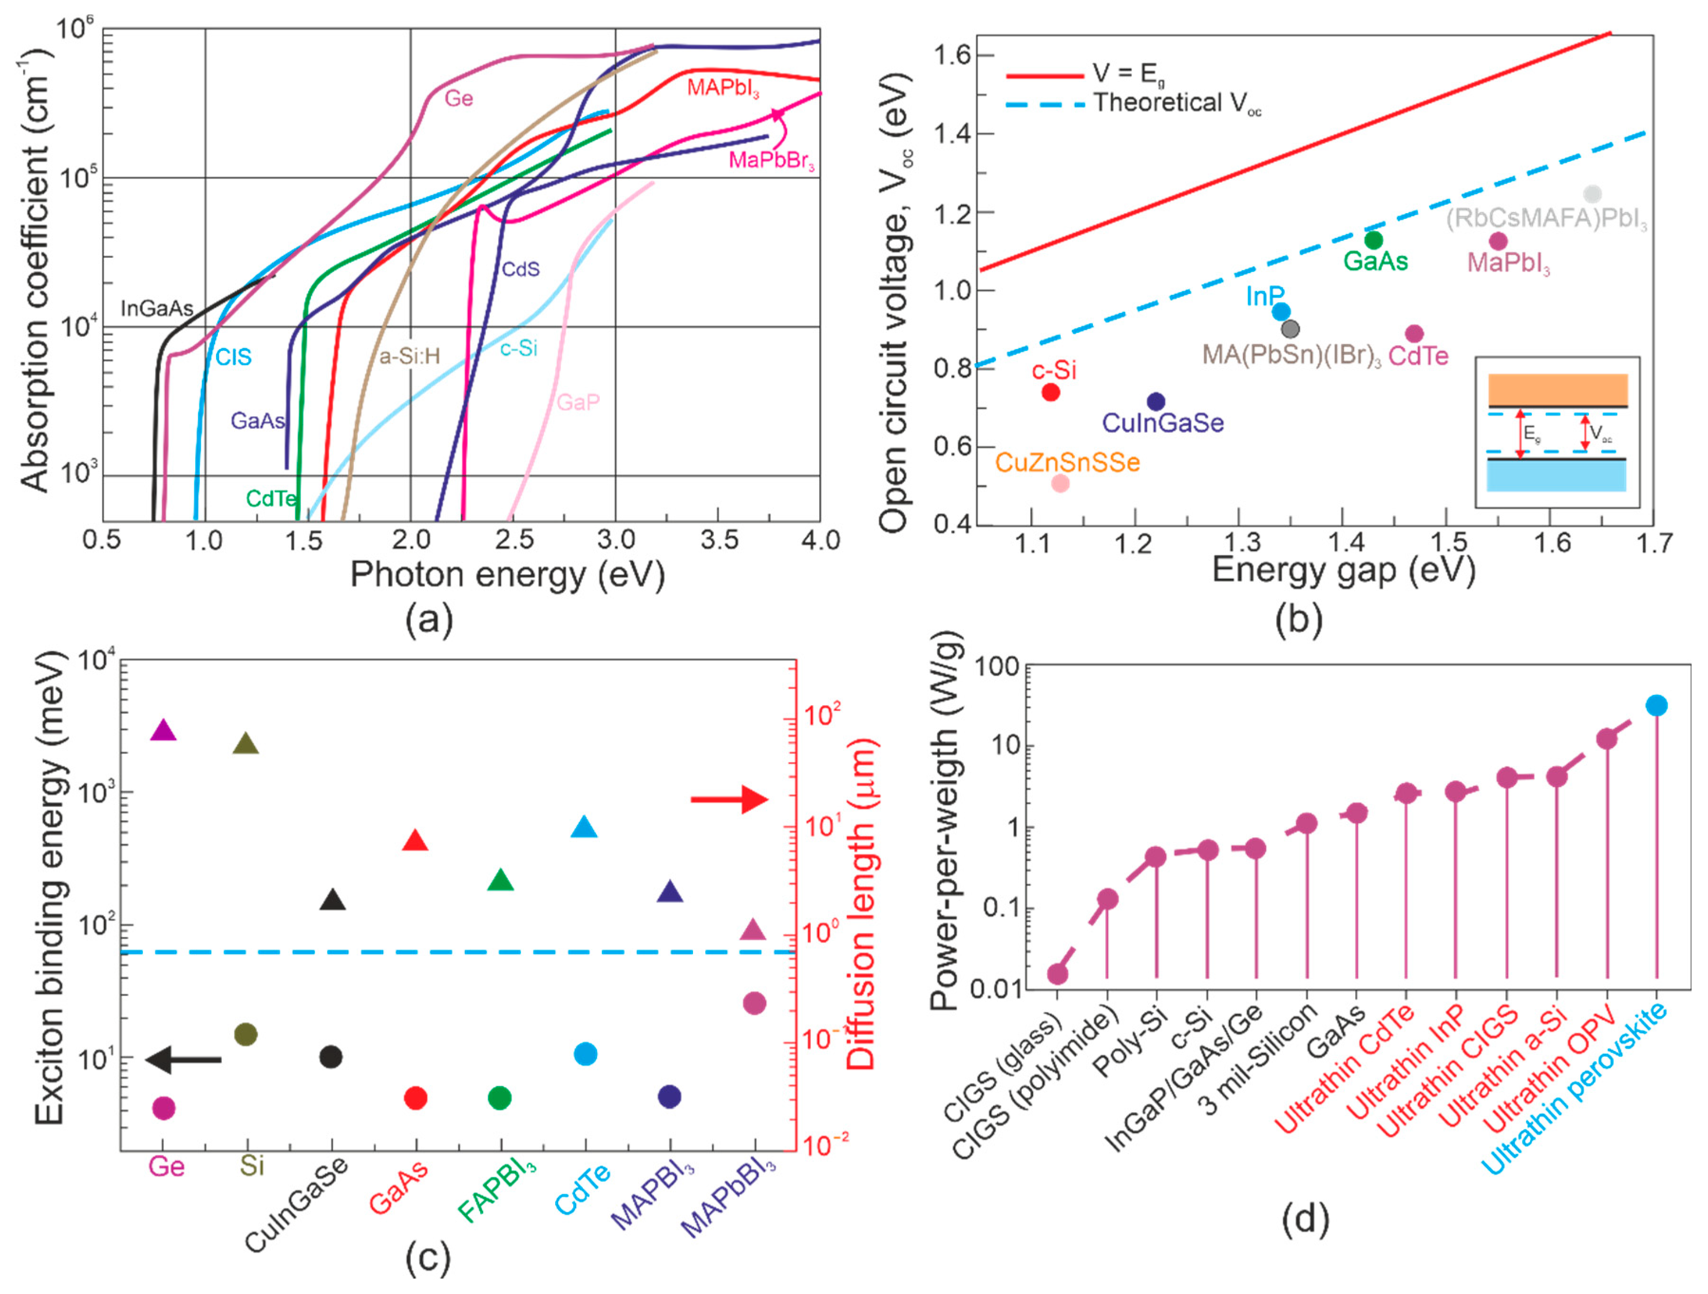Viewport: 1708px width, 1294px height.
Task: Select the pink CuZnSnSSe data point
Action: (1061, 483)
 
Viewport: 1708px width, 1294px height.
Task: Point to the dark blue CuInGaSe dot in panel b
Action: (1156, 401)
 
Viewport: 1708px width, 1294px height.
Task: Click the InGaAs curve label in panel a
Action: (157, 309)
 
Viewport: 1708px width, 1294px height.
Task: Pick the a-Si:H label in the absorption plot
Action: (409, 357)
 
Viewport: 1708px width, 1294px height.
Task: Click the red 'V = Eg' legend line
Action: (1045, 76)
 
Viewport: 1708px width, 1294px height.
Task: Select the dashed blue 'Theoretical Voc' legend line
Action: (1045, 104)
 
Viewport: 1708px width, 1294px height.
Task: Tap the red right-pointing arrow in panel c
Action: (729, 800)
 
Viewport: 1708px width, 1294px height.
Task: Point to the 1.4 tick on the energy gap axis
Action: (1344, 544)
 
